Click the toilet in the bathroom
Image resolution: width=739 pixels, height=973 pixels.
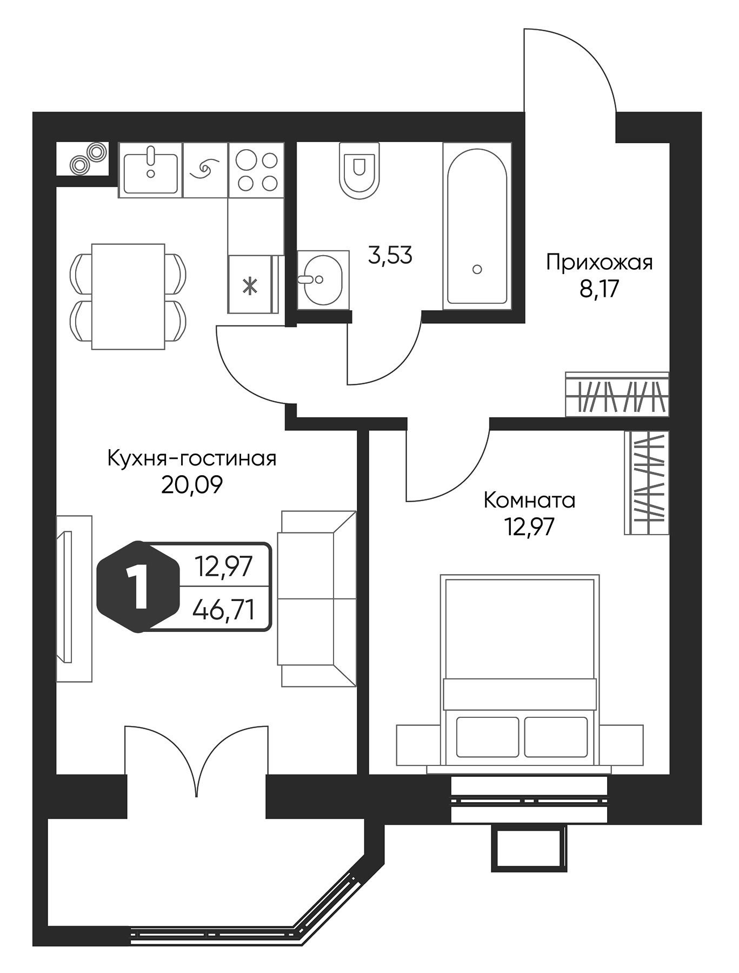point(357,169)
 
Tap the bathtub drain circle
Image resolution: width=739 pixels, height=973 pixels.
point(477,269)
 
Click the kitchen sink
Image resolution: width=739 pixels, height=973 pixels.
point(150,170)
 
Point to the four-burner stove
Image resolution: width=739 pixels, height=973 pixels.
point(256,170)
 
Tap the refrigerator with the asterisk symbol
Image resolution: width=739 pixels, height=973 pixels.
point(250,285)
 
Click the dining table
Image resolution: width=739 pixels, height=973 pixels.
point(128,296)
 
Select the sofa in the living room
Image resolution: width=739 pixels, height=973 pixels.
point(316,598)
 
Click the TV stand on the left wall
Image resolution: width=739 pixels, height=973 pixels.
point(74,598)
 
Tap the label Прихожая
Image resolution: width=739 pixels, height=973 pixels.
point(599,263)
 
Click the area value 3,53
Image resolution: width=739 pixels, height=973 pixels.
point(390,255)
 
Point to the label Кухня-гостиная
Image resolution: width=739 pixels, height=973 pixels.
point(192,459)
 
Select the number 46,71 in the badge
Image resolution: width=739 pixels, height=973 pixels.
point(224,612)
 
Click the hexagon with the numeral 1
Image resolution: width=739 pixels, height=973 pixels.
point(138,587)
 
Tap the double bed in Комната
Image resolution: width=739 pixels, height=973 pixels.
point(520,670)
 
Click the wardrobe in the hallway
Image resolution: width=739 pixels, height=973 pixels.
point(617,395)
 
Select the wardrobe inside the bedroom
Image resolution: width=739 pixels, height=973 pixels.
point(647,483)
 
